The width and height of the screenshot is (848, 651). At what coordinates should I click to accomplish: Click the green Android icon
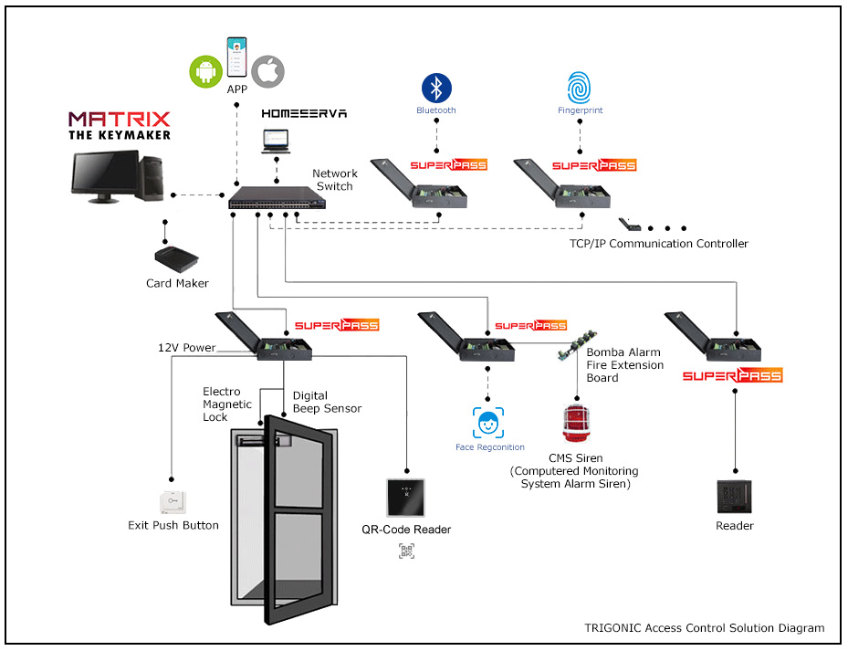coord(205,71)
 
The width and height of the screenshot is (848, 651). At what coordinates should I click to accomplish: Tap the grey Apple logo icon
coord(268,71)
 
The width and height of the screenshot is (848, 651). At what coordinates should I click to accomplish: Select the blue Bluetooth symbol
coord(436,88)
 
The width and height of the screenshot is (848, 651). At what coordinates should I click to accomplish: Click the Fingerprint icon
coord(580,88)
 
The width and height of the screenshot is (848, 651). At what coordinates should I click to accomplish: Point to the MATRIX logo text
coord(120,120)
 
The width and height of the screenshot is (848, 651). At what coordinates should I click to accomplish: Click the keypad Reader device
coord(734,497)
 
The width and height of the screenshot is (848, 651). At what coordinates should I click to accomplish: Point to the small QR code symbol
coord(406,550)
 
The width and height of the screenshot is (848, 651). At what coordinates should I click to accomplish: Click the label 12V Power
coord(186,348)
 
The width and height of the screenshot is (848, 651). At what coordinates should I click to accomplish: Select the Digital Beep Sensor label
coord(327,402)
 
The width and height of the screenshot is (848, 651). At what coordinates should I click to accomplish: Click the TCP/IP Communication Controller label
coord(658,244)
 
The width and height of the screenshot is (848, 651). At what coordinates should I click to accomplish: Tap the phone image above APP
coord(237,58)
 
